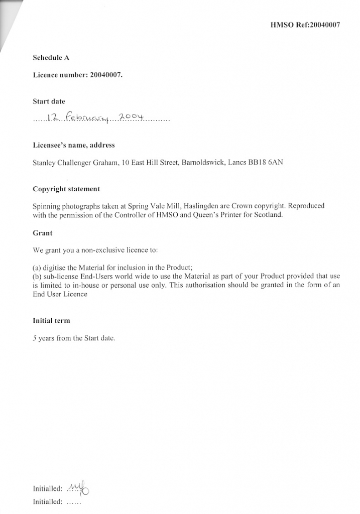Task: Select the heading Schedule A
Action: pos(51,58)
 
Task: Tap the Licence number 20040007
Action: pos(106,75)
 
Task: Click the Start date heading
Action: pos(49,101)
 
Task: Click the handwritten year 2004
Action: pos(130,117)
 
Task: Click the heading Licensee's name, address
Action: pos(74,145)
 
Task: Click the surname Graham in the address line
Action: pos(105,163)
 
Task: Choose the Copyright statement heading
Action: pos(66,189)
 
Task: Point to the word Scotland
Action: pos(269,215)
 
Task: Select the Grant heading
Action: pos(43,233)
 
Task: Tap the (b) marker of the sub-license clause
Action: pos(37,276)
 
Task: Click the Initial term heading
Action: pos(51,320)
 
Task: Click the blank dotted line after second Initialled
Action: pos(73,501)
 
